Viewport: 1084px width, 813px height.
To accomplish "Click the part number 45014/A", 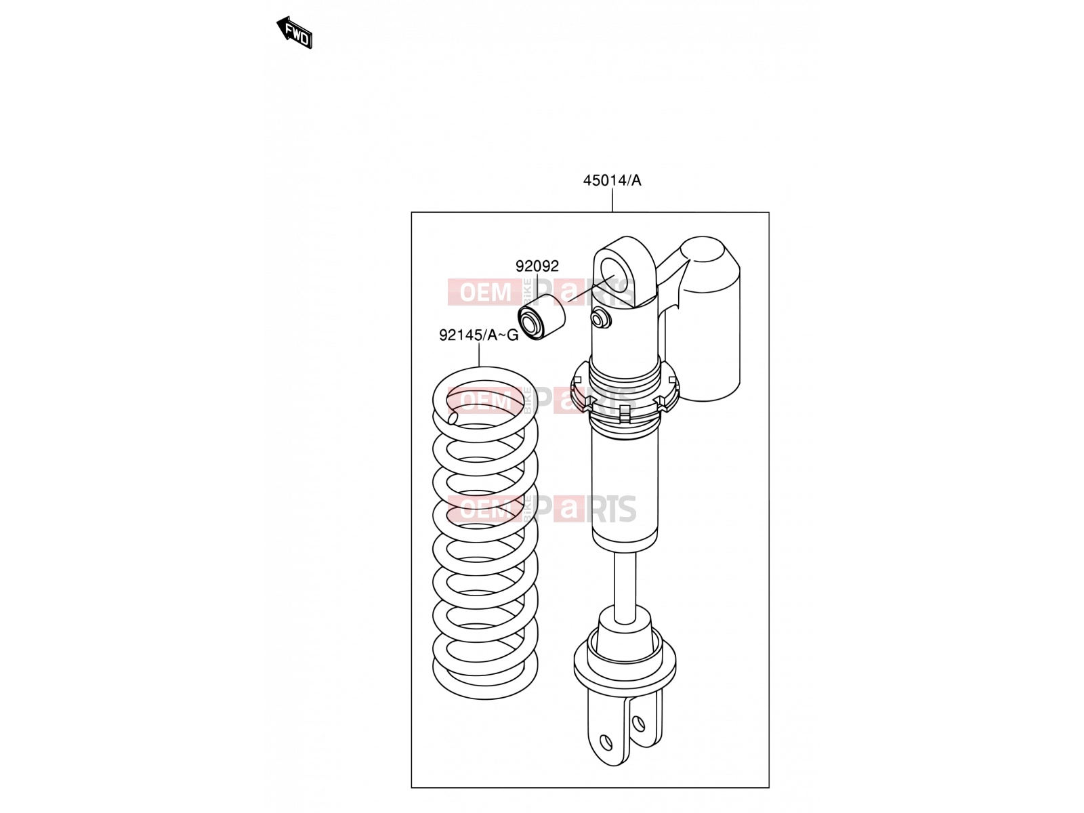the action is click(x=612, y=181).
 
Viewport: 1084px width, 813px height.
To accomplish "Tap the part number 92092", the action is click(x=537, y=266).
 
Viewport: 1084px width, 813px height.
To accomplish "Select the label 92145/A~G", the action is click(x=478, y=335).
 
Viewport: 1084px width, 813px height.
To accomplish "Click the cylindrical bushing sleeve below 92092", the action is click(x=541, y=317).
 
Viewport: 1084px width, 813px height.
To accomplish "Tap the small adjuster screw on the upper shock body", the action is click(x=600, y=319).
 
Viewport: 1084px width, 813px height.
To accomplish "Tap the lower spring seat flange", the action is click(x=625, y=664).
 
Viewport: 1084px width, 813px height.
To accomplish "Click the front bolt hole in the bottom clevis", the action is click(x=606, y=743).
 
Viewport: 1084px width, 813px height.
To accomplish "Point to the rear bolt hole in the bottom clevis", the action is click(x=639, y=724).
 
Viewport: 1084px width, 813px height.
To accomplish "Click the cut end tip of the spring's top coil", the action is click(x=106, y=418).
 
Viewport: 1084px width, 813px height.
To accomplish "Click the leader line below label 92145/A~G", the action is click(x=479, y=355).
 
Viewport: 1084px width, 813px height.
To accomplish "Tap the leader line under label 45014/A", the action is click(x=612, y=200).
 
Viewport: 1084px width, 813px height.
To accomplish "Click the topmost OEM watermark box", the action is click(x=486, y=292).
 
